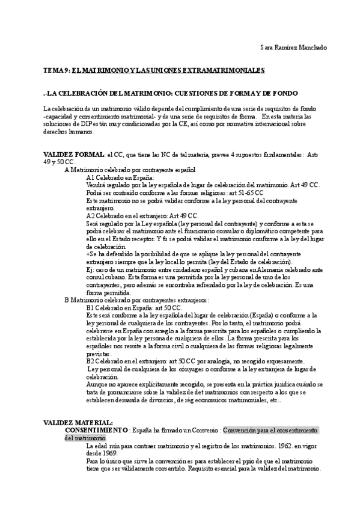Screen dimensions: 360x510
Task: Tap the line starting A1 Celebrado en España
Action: pyautogui.click(x=121, y=178)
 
